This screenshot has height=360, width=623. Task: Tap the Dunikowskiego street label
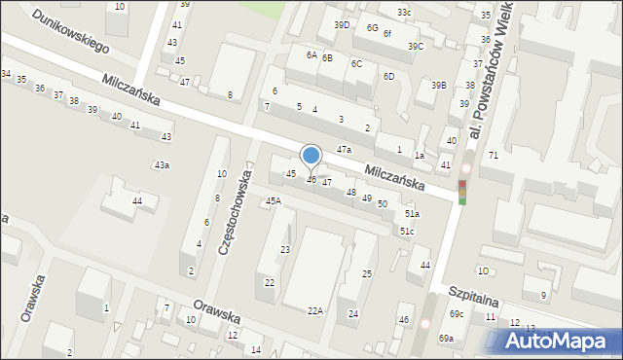(x=70, y=32)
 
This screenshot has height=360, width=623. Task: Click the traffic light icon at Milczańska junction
(x=462, y=192)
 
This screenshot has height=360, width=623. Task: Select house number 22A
(x=314, y=310)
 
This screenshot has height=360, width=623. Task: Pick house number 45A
(x=274, y=200)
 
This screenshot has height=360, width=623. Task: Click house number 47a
(x=344, y=149)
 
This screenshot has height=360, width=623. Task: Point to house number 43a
(x=162, y=165)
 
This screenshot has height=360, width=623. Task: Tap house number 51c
(x=407, y=231)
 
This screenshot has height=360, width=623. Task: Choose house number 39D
(x=342, y=25)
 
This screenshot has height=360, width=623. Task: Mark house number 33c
(x=404, y=12)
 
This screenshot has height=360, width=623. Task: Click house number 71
(x=494, y=156)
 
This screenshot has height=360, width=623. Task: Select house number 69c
(x=457, y=313)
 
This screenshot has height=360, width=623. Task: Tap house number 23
(x=285, y=250)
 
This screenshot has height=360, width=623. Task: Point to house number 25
(x=367, y=274)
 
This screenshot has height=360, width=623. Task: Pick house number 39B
(x=439, y=86)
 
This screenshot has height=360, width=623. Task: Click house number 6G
(x=372, y=27)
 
